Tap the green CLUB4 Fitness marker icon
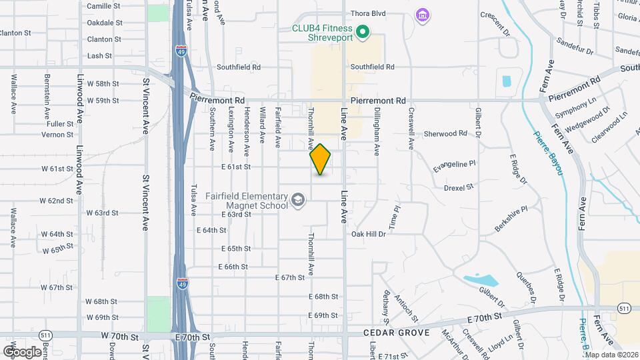pos(363,31)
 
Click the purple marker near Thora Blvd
pos(421,15)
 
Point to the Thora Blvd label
pos(368,13)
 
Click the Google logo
pos(22,351)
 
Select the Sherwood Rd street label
pos(445,133)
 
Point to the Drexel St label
pos(459,187)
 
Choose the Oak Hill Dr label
pos(369,234)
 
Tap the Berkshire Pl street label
pos(511,219)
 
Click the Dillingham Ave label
pos(377,128)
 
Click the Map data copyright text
pos(611,354)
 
